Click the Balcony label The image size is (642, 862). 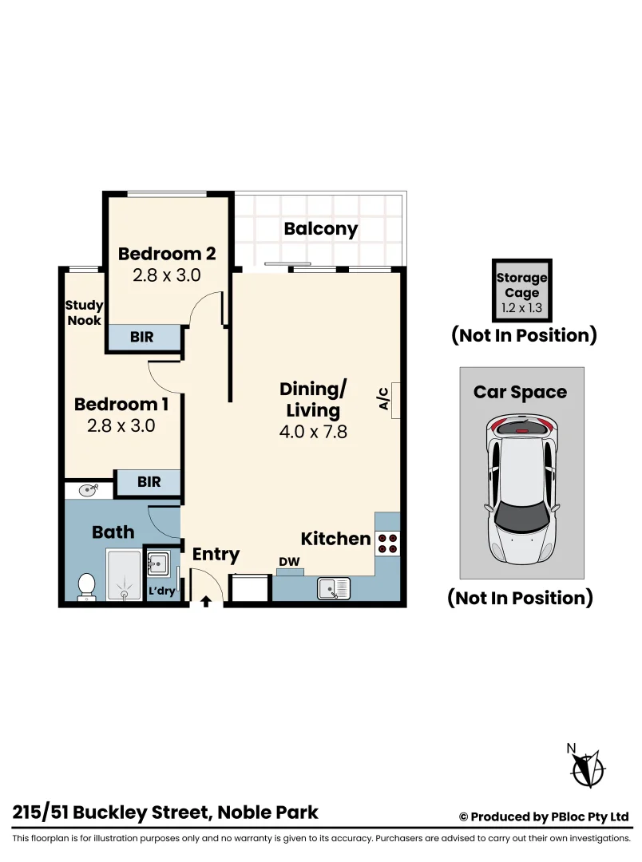click(321, 229)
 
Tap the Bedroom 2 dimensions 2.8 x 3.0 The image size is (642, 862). click(166, 275)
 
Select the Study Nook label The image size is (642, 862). click(84, 312)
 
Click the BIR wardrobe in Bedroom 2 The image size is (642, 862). click(143, 338)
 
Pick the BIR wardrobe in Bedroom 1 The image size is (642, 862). click(149, 482)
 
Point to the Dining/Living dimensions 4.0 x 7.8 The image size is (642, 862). click(313, 433)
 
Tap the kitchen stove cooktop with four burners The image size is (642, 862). click(387, 544)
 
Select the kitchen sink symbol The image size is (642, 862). click(334, 589)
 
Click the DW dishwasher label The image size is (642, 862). click(289, 563)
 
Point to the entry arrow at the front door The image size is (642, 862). click(206, 601)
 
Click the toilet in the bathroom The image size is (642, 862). click(86, 586)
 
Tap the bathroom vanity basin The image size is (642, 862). click(87, 489)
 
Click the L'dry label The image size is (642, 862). click(162, 591)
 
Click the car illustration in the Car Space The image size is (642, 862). click(521, 488)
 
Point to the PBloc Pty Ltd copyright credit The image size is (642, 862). click(544, 817)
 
